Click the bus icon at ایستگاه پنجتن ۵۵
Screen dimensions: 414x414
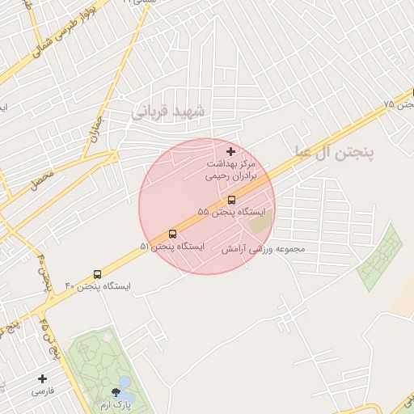(x=231, y=199)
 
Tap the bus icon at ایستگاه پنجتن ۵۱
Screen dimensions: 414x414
(x=172, y=234)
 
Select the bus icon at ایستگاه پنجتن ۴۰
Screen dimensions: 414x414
(x=98, y=274)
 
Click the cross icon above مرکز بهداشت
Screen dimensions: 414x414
(x=231, y=151)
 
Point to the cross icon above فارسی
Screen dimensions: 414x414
(x=42, y=378)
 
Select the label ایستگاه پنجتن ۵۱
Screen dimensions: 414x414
(x=172, y=246)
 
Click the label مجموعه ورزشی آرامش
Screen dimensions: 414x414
(x=263, y=249)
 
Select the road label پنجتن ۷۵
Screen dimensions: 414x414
(x=399, y=105)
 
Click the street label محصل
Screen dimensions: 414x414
(x=41, y=180)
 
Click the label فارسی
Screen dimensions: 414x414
(x=42, y=391)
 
